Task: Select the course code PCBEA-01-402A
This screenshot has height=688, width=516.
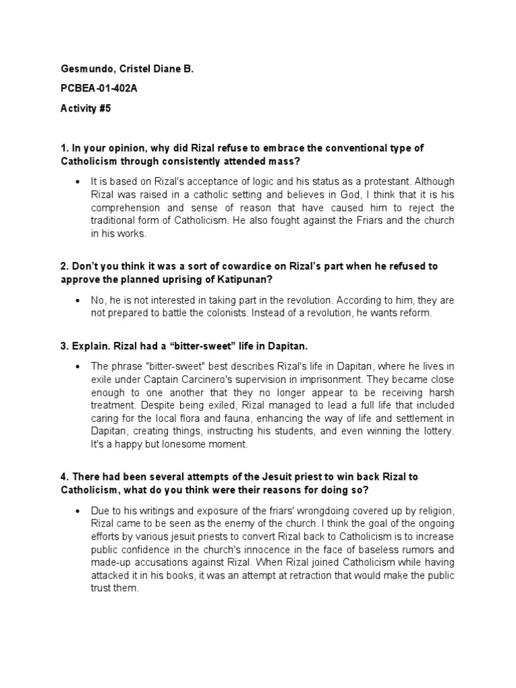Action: pyautogui.click(x=99, y=89)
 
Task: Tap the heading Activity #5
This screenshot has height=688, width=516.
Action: pyautogui.click(x=85, y=109)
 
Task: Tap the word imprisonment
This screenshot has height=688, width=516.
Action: pyautogui.click(x=306, y=379)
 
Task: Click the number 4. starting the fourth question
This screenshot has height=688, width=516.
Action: pyautogui.click(x=64, y=476)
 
